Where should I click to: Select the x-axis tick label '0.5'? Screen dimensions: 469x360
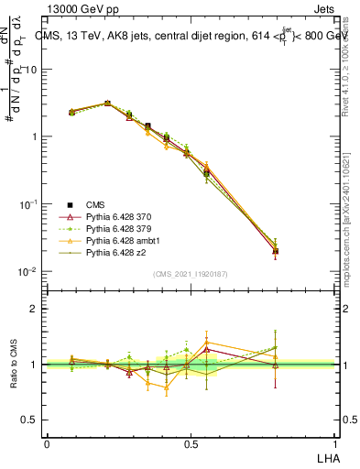click(x=191, y=442)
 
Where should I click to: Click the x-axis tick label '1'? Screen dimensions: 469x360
click(x=335, y=442)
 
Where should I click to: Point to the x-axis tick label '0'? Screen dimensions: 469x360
click(x=47, y=442)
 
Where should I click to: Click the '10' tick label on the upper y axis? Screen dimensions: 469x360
click(x=31, y=70)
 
